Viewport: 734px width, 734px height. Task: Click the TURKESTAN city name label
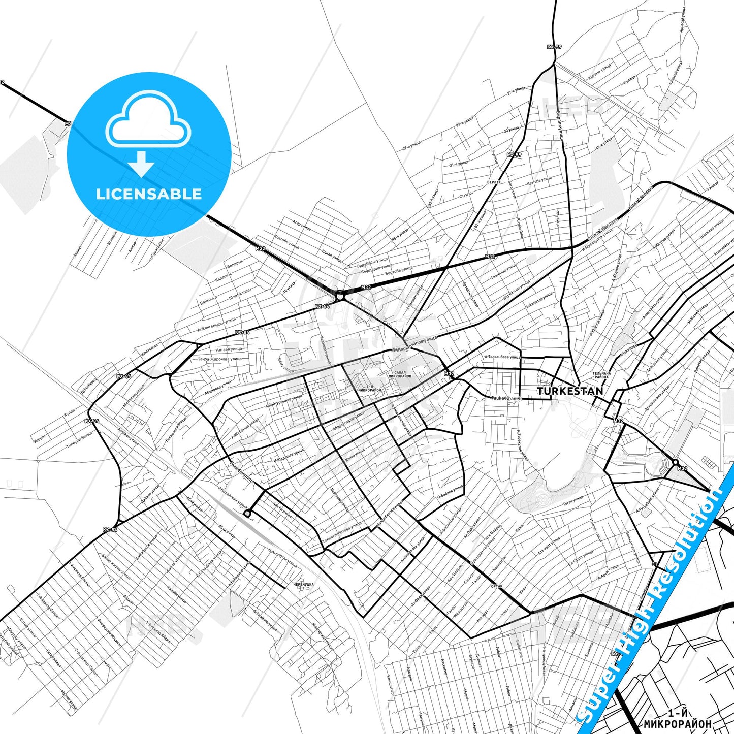click(x=570, y=391)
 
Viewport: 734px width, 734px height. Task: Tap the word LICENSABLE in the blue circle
click(x=149, y=194)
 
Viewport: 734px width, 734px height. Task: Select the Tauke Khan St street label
click(x=506, y=398)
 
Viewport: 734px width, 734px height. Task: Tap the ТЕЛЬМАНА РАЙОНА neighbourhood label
click(x=601, y=375)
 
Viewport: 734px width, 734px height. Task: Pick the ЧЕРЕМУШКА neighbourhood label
click(x=303, y=585)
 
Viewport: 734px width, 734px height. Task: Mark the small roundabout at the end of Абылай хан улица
click(x=247, y=514)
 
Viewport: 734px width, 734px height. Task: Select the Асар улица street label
click(x=301, y=224)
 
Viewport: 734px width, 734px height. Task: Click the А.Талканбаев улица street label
click(x=502, y=357)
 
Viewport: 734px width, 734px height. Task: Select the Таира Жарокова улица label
click(x=219, y=359)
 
